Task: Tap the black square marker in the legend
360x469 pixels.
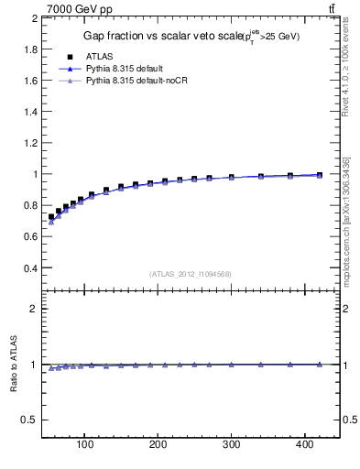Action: (x=70, y=57)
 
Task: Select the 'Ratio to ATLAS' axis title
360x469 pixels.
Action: (x=14, y=366)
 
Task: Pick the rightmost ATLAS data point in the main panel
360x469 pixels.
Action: (x=319, y=174)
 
